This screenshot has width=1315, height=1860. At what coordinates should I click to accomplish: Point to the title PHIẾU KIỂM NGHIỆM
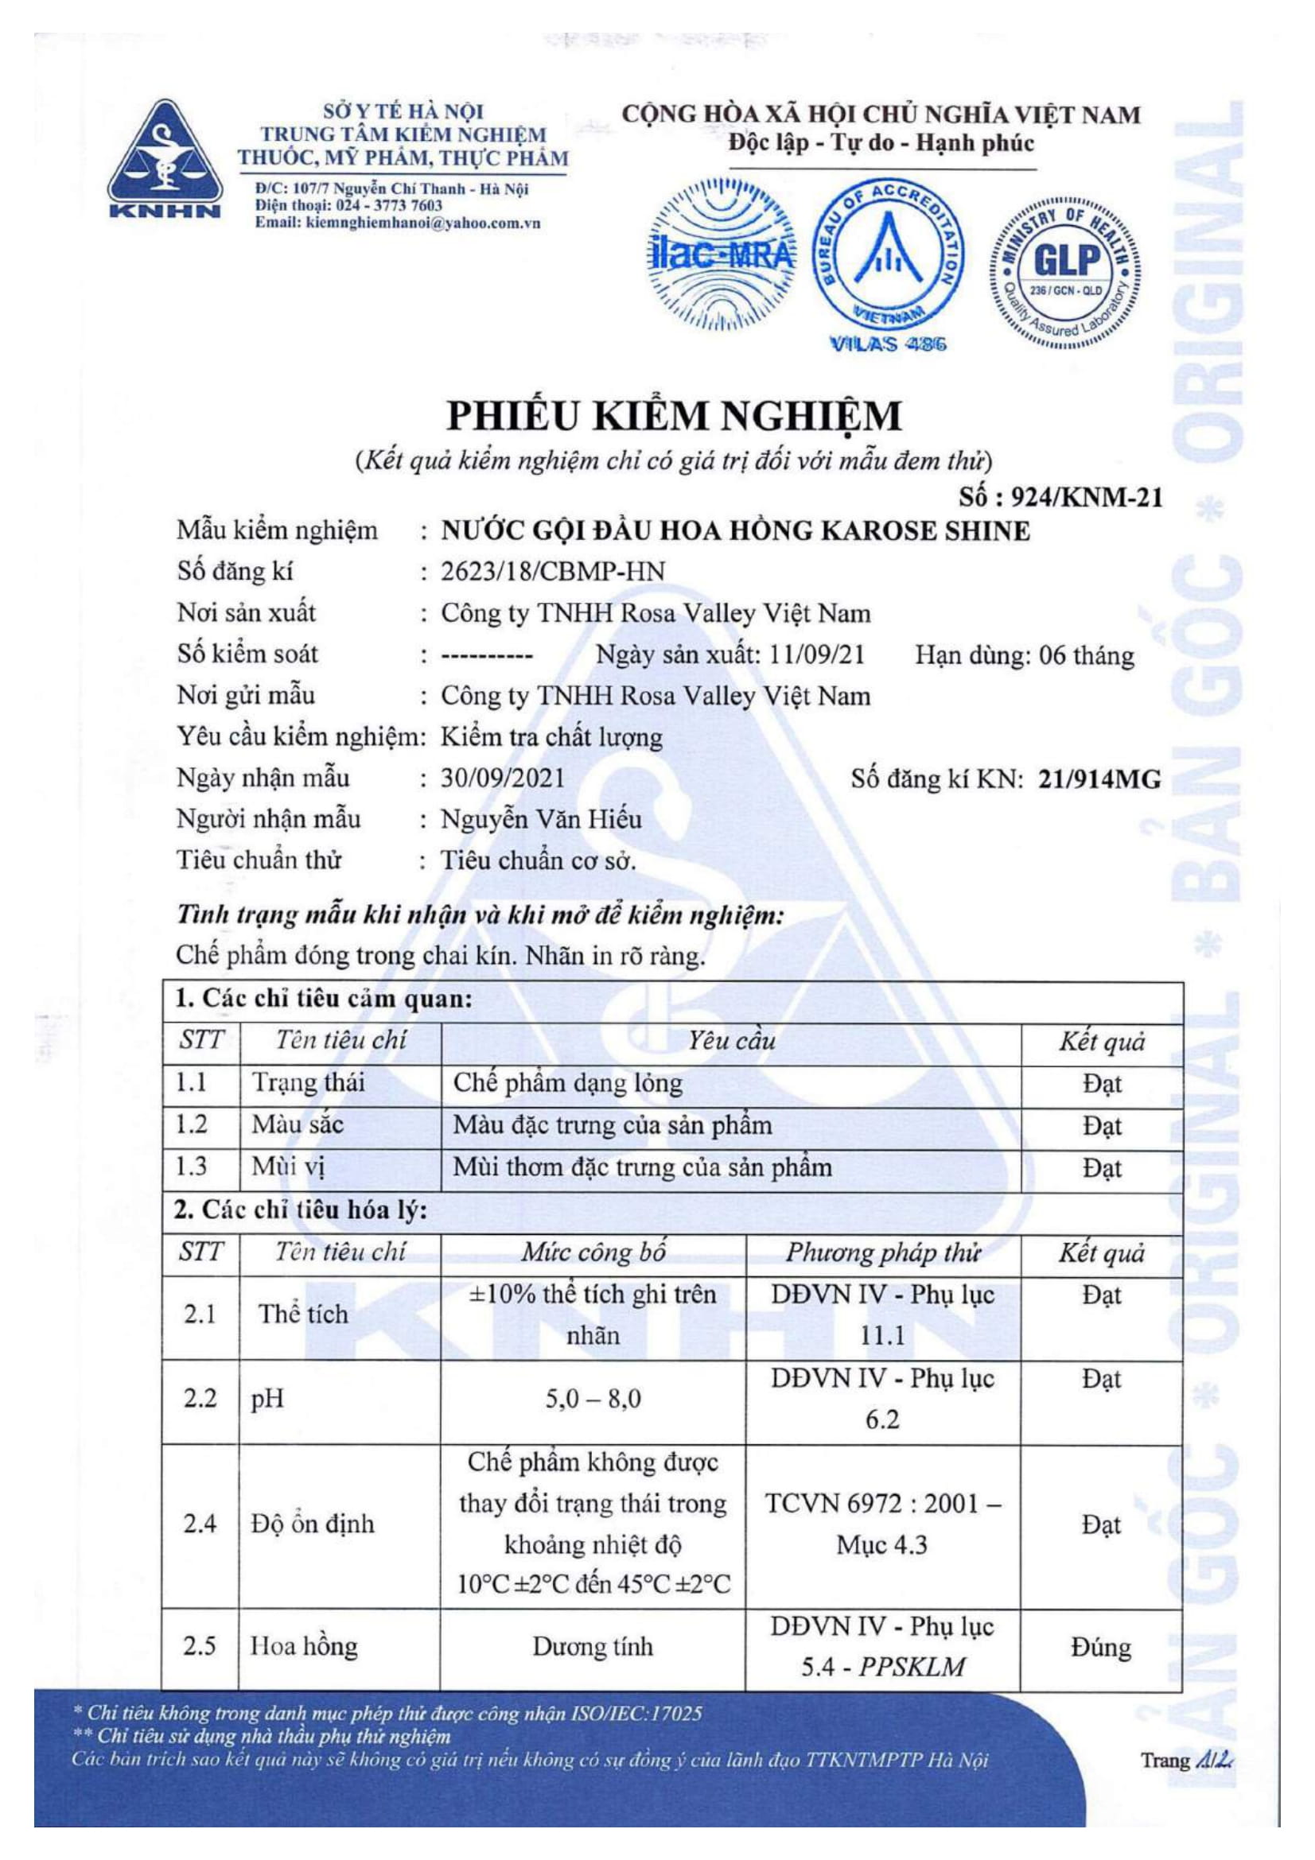pos(675,417)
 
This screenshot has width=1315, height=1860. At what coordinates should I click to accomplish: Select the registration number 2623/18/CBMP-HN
pos(553,572)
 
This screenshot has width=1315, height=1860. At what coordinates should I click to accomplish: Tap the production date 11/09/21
pos(817,654)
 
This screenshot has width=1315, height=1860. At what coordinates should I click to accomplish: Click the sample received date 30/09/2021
pos(502,779)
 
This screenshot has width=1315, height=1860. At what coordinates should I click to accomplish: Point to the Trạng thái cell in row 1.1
pos(308,1083)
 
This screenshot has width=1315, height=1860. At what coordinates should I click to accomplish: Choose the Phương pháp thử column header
pos(882,1253)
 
